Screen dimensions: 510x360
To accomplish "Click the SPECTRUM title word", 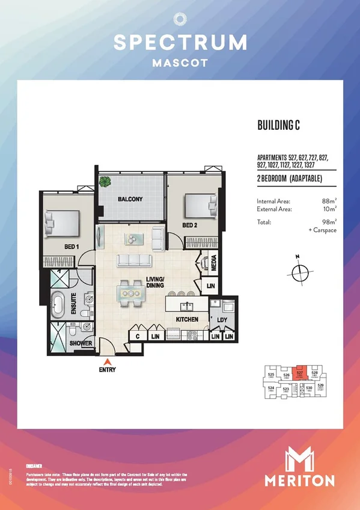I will tap(180, 42).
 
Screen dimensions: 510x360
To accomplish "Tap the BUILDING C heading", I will tap(278, 126).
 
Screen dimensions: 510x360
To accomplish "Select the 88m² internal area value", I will tap(329, 201).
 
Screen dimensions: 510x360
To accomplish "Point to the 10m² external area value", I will tap(329, 209).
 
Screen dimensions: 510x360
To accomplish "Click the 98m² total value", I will tap(329, 222).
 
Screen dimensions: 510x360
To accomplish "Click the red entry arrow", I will tap(108, 361).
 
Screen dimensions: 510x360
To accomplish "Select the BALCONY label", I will tap(129, 199).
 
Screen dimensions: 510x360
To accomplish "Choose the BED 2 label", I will tap(190, 226).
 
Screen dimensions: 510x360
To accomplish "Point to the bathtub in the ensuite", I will tap(59, 305).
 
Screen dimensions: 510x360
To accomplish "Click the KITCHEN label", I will tap(187, 319).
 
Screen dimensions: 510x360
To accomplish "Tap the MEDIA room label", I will tap(214, 262).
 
